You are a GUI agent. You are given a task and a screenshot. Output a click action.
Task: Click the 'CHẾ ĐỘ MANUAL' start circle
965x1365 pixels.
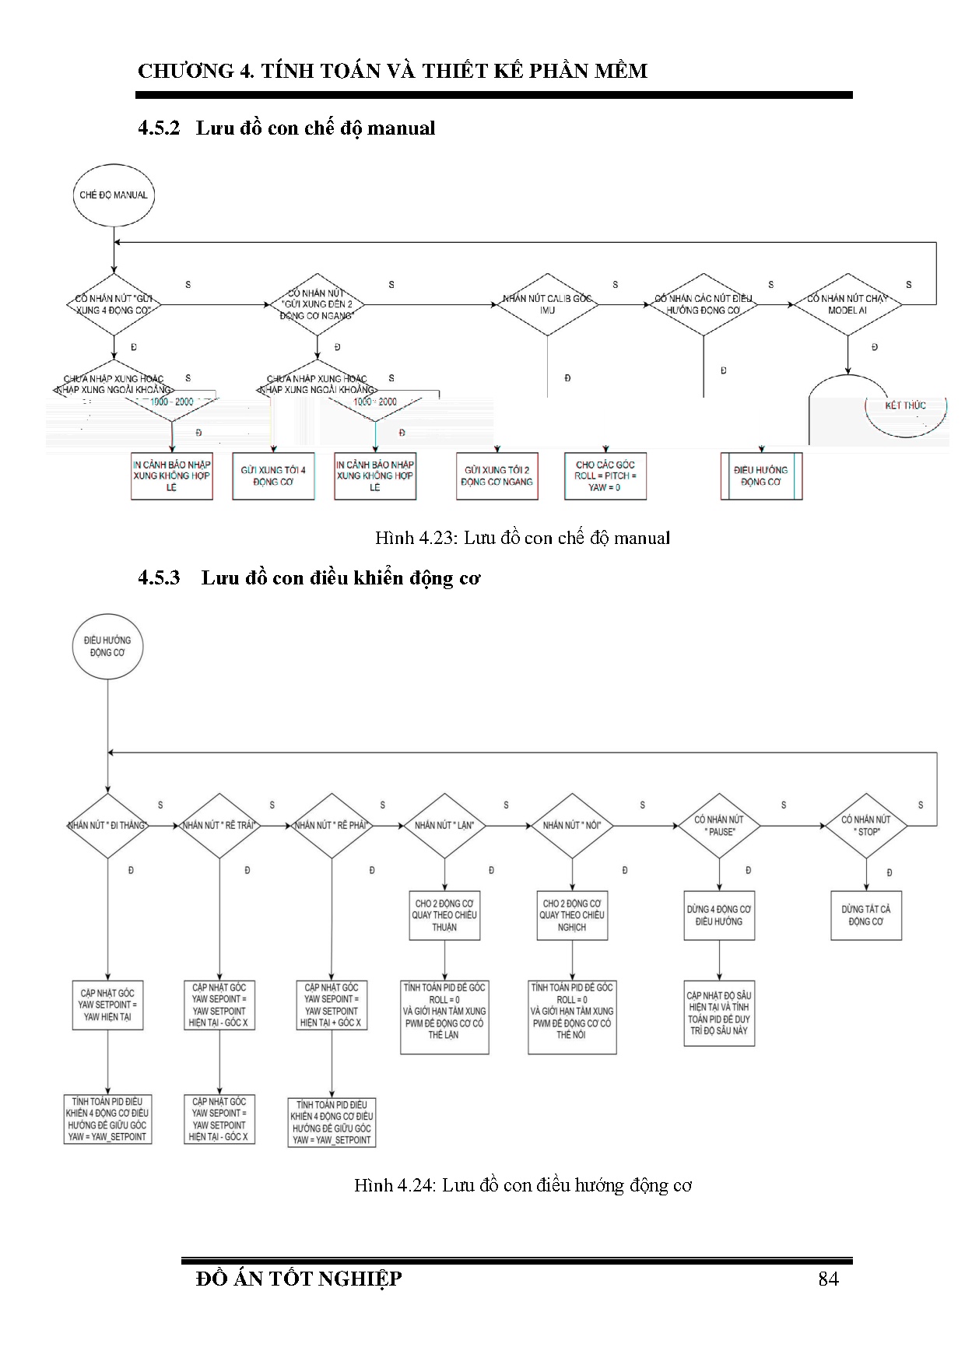114,195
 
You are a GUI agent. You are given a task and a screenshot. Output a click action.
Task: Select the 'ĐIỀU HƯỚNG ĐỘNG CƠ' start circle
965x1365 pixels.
107,647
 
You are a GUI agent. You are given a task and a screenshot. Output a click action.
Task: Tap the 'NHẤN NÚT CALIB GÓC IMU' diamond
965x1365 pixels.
547,304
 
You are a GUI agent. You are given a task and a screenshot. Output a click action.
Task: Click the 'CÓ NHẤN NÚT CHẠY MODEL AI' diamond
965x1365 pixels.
847,304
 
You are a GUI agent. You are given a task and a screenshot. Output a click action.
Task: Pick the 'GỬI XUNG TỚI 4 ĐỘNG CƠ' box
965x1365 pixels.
273,475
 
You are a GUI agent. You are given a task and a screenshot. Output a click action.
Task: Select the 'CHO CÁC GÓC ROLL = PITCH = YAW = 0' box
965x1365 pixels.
605,475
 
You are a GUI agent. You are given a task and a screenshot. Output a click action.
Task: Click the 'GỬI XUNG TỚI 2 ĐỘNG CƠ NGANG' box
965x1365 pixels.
497,475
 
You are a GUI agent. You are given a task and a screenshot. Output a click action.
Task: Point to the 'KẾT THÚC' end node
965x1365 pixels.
905,406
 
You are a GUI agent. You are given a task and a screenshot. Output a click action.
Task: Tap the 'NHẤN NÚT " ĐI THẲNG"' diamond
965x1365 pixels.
107,826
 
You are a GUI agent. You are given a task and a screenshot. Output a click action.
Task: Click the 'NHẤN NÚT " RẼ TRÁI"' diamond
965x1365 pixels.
219,826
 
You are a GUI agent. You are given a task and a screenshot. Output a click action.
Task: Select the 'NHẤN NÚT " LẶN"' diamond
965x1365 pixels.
444,826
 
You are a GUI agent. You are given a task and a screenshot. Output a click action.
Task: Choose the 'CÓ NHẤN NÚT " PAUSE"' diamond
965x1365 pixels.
719,826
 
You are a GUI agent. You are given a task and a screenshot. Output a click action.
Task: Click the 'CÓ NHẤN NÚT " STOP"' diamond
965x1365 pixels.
866,826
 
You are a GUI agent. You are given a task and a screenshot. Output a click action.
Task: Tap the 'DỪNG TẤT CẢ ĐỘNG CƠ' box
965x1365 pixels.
866,915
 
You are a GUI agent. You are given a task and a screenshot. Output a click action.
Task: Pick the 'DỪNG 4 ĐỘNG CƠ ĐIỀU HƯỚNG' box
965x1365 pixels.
719,915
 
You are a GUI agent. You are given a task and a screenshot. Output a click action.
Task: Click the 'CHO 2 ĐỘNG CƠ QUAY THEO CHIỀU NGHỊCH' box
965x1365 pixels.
572,915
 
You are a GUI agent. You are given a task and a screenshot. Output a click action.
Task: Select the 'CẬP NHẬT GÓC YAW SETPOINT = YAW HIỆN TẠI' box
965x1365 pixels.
107,1005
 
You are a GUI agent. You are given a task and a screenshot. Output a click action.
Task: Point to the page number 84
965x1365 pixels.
828,1279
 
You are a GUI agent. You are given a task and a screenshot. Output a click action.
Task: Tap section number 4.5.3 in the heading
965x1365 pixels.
159,578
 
